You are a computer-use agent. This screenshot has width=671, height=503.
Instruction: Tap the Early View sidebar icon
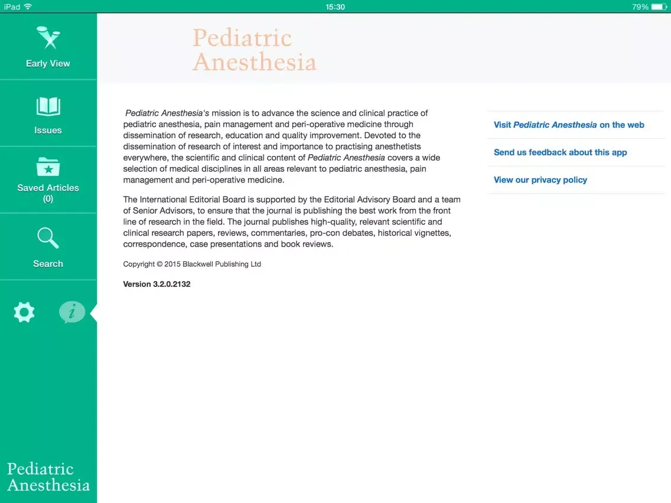pos(48,38)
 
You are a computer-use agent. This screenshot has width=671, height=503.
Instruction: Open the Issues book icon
pos(48,107)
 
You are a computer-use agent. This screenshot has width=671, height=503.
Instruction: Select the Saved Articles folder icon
pos(48,167)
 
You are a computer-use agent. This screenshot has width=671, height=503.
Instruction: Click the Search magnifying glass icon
pos(48,238)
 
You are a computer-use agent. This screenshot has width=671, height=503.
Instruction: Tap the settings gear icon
pos(24,312)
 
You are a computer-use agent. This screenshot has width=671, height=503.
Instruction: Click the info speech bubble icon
pos(71,312)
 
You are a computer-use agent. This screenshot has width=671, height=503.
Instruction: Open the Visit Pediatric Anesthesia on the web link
pos(569,125)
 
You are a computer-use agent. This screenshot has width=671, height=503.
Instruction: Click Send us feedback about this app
pos(560,152)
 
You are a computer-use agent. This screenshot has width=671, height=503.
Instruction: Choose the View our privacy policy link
pos(540,180)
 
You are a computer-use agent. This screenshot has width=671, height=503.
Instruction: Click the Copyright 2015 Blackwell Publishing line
pos(192,264)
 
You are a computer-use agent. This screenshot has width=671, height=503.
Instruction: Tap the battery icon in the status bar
pos(659,7)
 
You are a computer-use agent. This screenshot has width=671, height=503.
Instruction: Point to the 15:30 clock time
pos(335,7)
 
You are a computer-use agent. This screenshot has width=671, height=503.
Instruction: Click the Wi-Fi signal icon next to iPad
pos(28,7)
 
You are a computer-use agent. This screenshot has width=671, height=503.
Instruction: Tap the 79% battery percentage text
pos(640,7)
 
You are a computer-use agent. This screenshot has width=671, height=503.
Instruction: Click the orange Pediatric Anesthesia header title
pos(254,50)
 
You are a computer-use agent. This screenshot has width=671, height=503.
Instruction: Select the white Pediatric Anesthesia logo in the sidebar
pos(48,477)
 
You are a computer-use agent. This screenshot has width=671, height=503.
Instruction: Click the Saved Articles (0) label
pos(48,193)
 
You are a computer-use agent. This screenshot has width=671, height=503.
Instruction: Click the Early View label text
pos(48,64)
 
